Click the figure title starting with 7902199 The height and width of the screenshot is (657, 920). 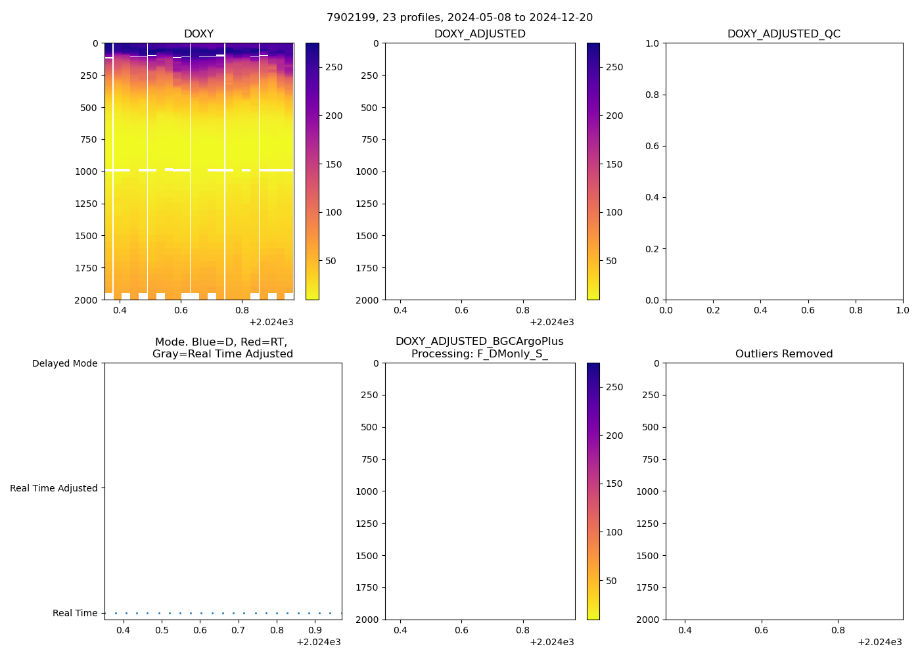[459, 17]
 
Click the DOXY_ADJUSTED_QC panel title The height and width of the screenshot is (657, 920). [783, 34]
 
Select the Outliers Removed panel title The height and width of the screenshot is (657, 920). [783, 353]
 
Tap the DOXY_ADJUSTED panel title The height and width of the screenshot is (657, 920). [480, 34]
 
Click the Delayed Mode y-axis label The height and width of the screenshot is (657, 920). [64, 363]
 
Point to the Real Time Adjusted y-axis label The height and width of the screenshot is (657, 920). [53, 488]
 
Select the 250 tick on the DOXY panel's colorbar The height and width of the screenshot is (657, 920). [334, 67]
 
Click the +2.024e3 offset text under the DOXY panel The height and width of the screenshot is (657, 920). [271, 322]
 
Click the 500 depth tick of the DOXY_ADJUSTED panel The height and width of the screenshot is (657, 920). [369, 108]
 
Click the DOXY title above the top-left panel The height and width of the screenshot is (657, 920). [198, 34]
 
